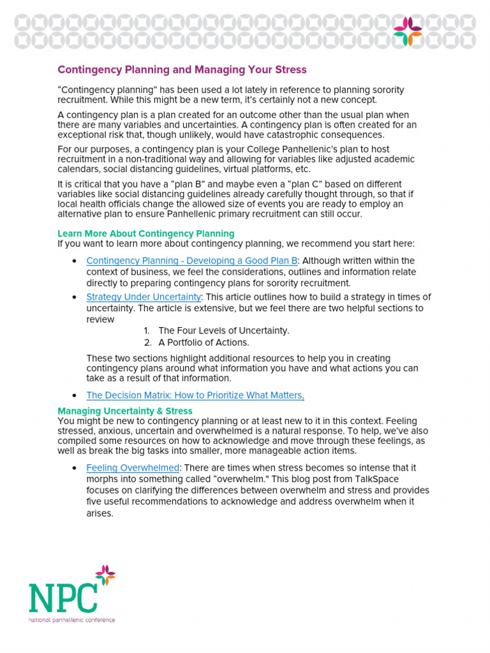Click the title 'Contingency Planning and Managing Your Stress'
tap(182, 70)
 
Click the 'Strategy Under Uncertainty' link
tap(144, 297)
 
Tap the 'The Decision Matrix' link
tap(194, 395)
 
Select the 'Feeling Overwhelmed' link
tap(133, 468)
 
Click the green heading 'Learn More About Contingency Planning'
tap(146, 233)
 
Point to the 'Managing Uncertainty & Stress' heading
tap(125, 411)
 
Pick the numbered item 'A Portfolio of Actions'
tap(204, 342)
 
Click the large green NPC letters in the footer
tap(63, 597)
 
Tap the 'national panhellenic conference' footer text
tap(71, 619)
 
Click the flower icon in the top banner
tap(407, 31)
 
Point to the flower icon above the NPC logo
tap(105, 575)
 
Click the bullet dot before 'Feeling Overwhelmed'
tap(75, 468)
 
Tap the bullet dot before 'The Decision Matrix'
tap(75, 395)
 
